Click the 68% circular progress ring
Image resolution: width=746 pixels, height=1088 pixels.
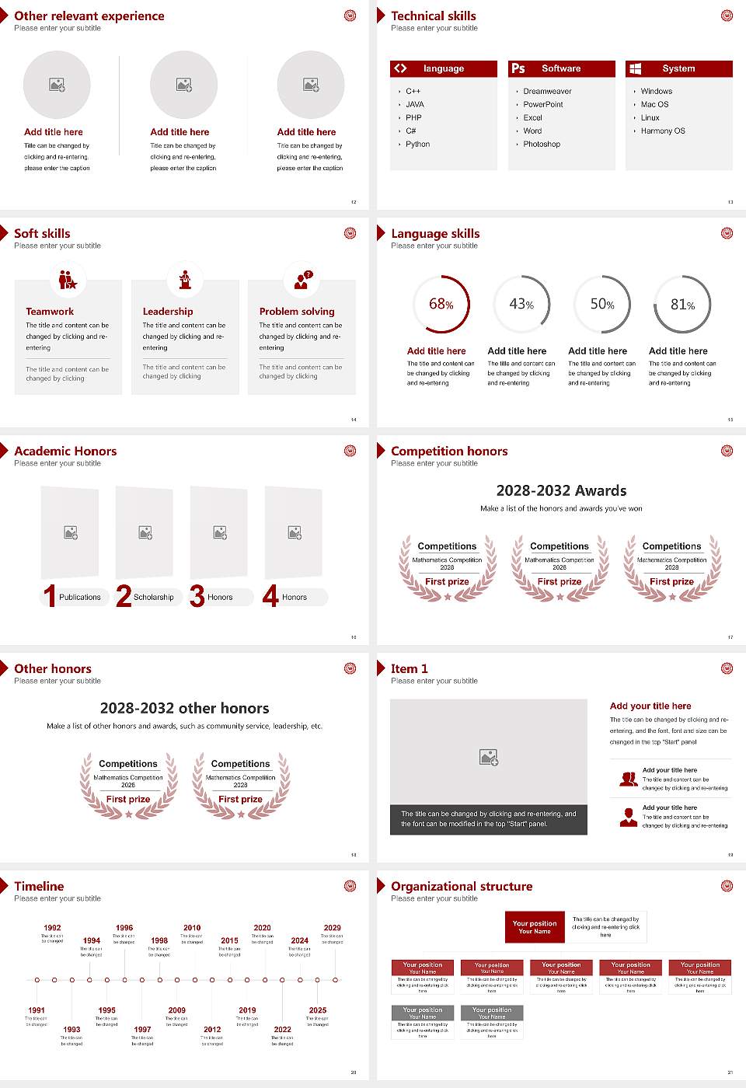pos(441,304)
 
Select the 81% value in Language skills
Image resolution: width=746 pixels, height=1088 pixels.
pos(682,305)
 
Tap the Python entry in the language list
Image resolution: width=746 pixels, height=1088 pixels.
pos(417,144)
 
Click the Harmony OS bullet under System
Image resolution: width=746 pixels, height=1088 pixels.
pos(663,131)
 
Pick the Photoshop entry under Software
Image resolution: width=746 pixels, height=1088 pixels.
pos(542,144)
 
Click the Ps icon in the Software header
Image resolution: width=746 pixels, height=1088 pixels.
pos(518,68)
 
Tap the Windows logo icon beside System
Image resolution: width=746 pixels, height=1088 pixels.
pos(636,68)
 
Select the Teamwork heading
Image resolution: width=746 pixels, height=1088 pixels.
pos(50,311)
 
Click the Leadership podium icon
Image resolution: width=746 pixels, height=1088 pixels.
pos(185,279)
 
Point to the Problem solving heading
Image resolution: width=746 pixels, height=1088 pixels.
pos(297,311)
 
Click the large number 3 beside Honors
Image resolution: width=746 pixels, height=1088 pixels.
pos(197,596)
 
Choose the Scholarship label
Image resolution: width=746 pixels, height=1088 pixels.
pos(153,597)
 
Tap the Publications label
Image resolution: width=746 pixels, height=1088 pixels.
pos(80,597)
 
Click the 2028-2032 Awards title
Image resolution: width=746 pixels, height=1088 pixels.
pos(561,490)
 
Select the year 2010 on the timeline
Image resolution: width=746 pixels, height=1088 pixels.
pos(192,927)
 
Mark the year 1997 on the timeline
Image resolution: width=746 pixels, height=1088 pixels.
pos(142,1029)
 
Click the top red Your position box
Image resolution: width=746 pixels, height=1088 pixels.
pos(535,927)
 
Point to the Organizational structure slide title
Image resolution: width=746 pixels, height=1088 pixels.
pos(462,886)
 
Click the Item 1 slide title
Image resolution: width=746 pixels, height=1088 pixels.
pos(410,668)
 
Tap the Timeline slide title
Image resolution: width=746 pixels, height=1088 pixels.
pos(39,886)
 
